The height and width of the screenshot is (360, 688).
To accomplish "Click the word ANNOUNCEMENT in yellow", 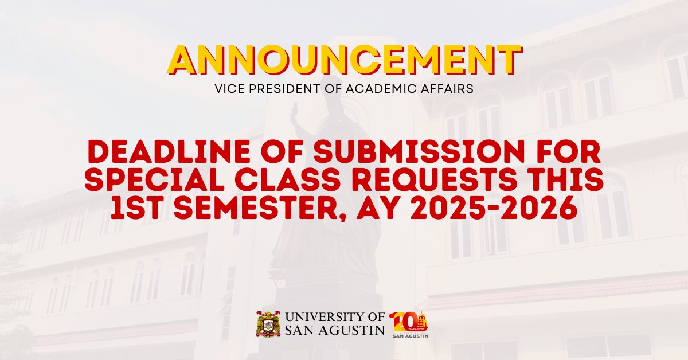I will [344, 60].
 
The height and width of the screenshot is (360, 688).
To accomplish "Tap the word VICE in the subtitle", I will [228, 89].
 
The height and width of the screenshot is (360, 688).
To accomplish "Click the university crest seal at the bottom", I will [268, 324].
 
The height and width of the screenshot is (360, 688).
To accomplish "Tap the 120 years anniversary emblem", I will [408, 324].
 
